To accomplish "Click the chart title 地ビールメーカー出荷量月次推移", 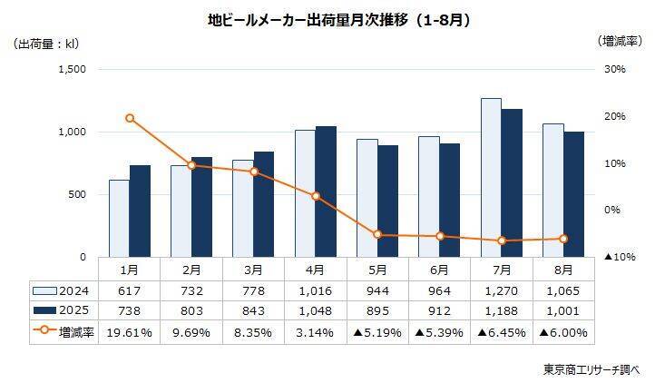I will point(327,18).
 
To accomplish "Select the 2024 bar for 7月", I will point(491,177).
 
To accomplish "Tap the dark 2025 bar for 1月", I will point(140,211).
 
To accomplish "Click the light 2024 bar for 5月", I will point(367,198).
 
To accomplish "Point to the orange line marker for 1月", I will point(130,118).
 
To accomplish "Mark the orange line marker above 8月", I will point(563,239).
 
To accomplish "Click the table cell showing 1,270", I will point(501,290).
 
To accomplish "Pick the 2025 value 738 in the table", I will point(130,311).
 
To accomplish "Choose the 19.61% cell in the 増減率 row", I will point(130,332).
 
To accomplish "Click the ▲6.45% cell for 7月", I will point(501,332).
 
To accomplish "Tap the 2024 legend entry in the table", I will point(64,290).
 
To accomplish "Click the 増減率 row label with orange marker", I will point(64,332).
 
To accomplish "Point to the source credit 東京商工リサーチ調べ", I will point(591,368).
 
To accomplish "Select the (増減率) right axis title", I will point(621,42).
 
